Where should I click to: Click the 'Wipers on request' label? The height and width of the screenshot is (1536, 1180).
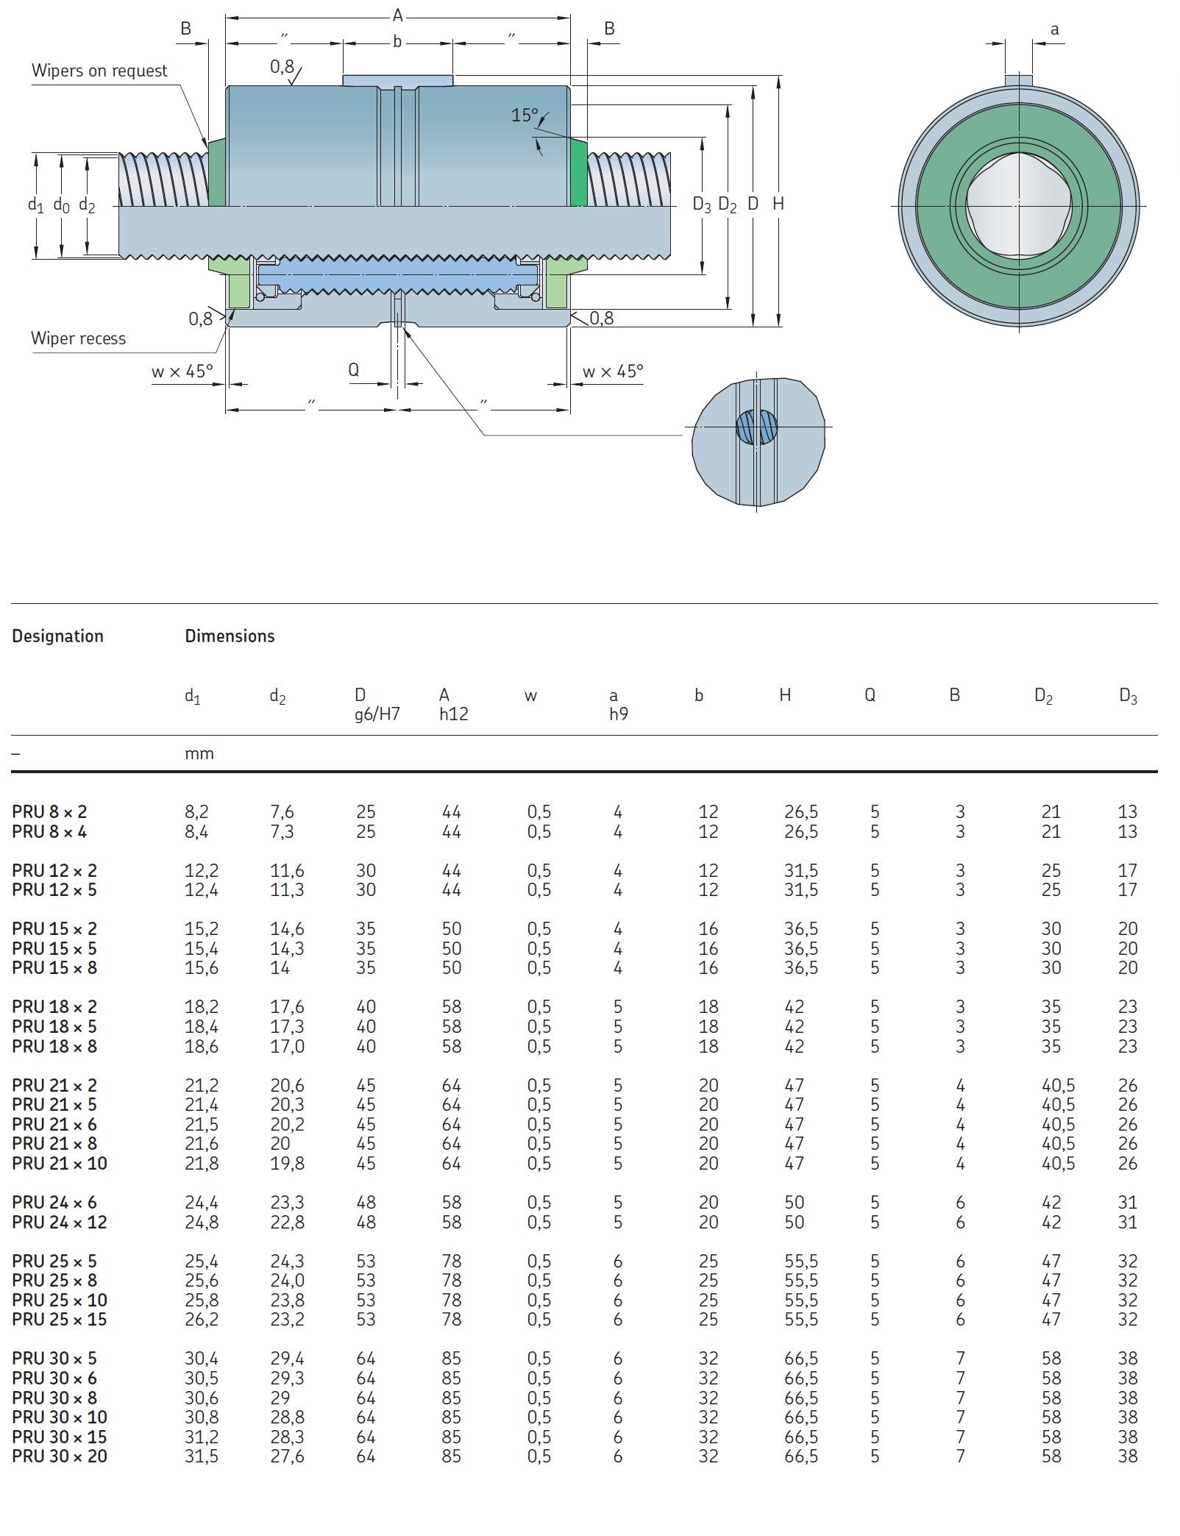(x=99, y=71)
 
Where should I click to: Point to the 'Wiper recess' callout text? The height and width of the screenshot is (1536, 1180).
(x=78, y=338)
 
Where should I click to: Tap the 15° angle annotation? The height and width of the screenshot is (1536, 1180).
(x=525, y=115)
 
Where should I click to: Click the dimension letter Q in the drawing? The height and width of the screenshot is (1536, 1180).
(x=353, y=369)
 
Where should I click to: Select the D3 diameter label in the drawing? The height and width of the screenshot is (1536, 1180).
(x=702, y=205)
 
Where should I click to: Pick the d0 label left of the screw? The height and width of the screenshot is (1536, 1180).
(x=61, y=205)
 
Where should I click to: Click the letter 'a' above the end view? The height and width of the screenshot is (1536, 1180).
(x=1054, y=29)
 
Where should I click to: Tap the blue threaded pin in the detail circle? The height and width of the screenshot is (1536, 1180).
(x=757, y=427)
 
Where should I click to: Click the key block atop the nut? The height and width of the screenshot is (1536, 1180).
(x=397, y=79)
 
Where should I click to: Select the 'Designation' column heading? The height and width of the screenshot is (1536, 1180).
(x=57, y=636)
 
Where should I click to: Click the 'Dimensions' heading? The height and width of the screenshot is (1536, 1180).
(x=230, y=636)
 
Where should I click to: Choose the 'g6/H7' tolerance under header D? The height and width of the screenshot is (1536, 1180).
(x=377, y=714)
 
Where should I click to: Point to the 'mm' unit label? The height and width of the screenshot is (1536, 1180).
(x=199, y=753)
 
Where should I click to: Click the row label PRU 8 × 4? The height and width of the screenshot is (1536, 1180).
(x=49, y=831)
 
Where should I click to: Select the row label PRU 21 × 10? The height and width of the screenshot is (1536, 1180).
(x=60, y=1163)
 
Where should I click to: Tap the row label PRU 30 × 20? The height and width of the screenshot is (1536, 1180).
(x=60, y=1456)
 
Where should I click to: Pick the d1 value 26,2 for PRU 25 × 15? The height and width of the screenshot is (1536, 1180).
(x=202, y=1319)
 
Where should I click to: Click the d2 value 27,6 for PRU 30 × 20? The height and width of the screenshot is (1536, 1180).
(x=287, y=1456)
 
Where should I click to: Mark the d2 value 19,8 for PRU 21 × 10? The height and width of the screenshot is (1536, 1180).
(x=287, y=1163)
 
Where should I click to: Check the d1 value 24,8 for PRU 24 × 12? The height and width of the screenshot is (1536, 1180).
(x=202, y=1222)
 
